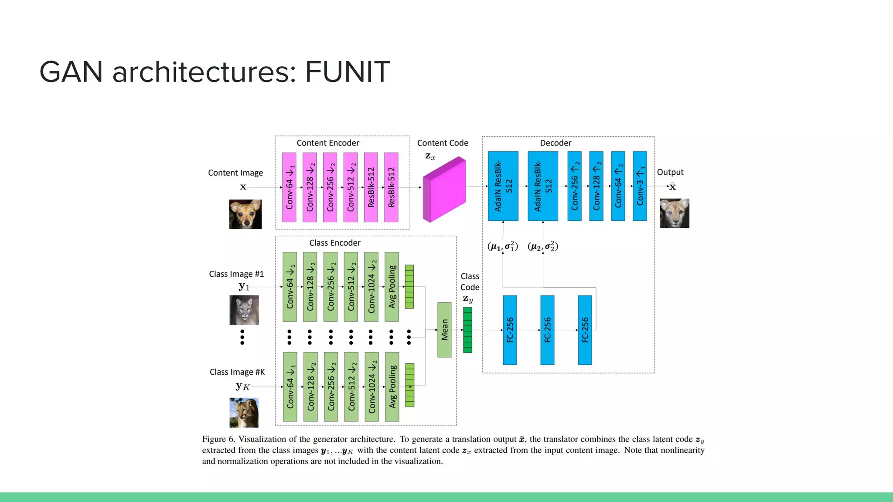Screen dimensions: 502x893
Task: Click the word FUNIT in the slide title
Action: click(x=347, y=72)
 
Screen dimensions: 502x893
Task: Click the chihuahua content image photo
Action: click(x=245, y=214)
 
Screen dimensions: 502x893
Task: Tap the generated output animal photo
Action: click(x=674, y=213)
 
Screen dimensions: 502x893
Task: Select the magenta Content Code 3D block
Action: click(x=444, y=190)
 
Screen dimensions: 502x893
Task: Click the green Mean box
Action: click(x=444, y=330)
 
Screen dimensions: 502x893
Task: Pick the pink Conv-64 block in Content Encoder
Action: click(x=289, y=187)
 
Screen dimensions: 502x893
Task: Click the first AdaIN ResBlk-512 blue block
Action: click(x=503, y=186)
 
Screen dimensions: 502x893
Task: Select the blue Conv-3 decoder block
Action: click(x=640, y=186)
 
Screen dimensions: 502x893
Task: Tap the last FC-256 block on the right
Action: click(x=585, y=330)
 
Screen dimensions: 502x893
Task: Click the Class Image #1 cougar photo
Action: click(x=244, y=310)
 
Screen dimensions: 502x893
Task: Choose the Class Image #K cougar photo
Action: click(x=244, y=412)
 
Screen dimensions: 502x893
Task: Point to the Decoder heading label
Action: click(x=555, y=143)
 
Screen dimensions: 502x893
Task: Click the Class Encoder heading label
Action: click(x=334, y=243)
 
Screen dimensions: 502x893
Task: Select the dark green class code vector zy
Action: click(x=467, y=330)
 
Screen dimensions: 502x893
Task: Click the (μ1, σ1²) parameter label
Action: click(x=502, y=247)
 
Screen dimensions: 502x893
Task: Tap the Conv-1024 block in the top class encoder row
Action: click(x=371, y=287)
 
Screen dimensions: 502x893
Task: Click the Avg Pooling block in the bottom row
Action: click(x=392, y=387)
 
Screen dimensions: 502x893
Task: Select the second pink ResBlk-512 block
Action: click(x=391, y=187)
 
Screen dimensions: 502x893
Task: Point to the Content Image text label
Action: click(x=235, y=173)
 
